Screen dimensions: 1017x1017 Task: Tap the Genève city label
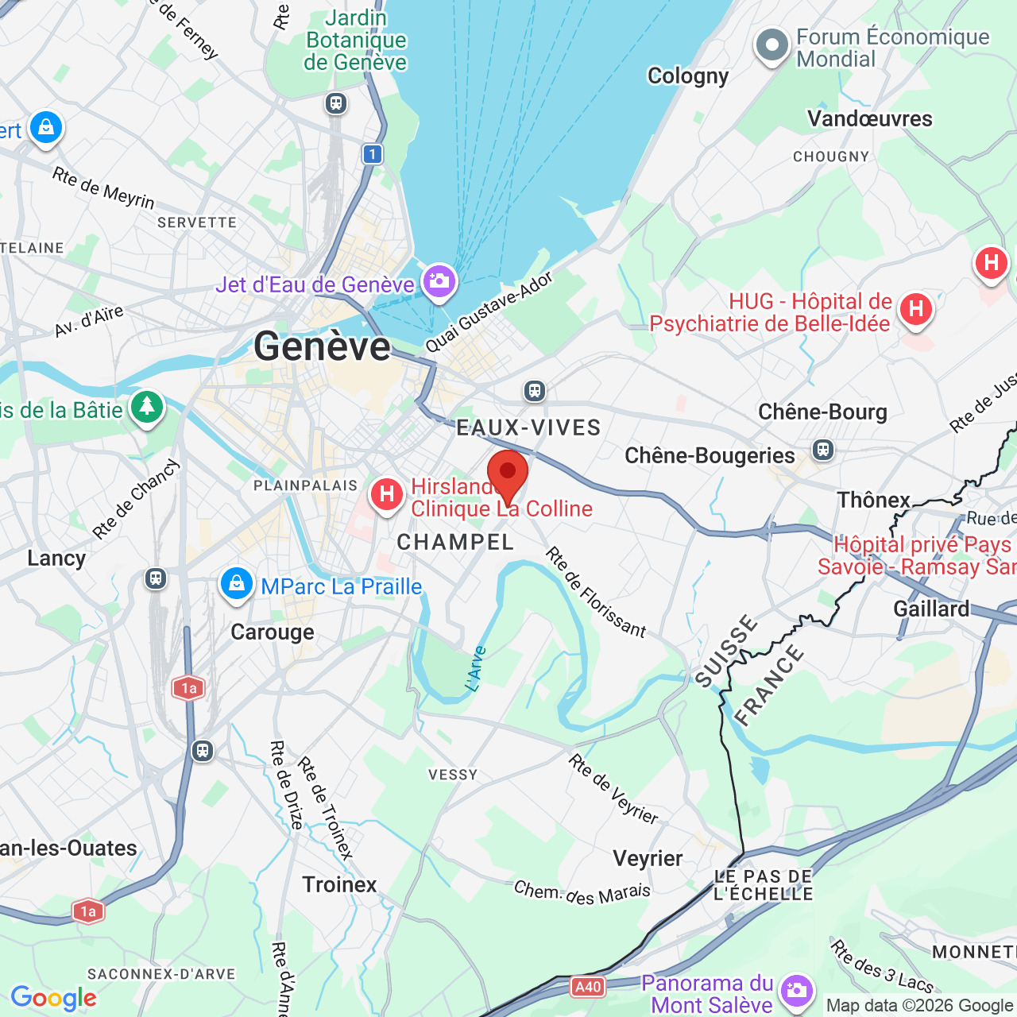(x=322, y=347)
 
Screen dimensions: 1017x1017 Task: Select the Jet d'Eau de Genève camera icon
(x=439, y=281)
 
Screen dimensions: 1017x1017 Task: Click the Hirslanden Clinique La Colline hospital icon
(x=387, y=495)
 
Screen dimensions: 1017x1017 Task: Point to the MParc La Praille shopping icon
(x=236, y=585)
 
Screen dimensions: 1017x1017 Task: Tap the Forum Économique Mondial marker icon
(x=771, y=46)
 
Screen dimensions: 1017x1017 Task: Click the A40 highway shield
(x=588, y=987)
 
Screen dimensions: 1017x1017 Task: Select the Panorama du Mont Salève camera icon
(x=795, y=991)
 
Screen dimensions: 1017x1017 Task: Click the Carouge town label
(x=273, y=632)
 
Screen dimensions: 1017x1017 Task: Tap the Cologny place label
(x=688, y=76)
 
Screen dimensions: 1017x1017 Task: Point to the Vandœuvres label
(x=870, y=119)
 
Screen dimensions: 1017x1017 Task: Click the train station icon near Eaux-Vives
(x=535, y=391)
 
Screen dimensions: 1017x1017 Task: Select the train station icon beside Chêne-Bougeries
(x=823, y=450)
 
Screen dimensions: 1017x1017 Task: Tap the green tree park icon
(x=146, y=407)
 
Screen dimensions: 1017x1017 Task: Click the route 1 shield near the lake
(x=373, y=154)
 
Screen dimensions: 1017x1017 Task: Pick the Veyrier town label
(x=648, y=859)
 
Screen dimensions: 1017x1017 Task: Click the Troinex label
(x=339, y=885)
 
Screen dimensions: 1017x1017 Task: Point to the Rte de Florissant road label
(x=596, y=593)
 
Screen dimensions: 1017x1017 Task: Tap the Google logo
(x=53, y=998)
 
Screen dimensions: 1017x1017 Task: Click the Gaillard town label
(x=931, y=609)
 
